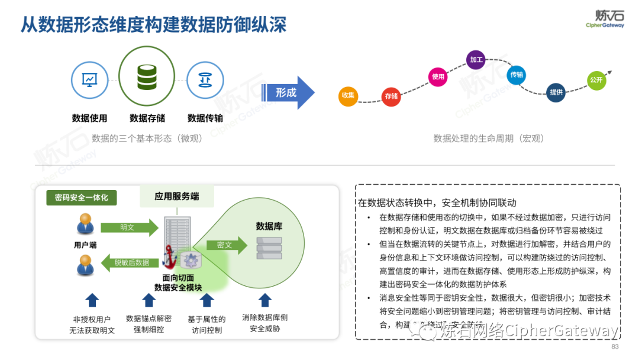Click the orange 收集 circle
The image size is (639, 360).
click(x=348, y=95)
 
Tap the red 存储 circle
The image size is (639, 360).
click(x=391, y=96)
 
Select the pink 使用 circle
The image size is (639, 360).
click(x=438, y=77)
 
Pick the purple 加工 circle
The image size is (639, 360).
click(x=476, y=60)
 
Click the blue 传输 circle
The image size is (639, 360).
click(x=517, y=75)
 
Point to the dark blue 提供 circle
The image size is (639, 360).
click(x=556, y=92)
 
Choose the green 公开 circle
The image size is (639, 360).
click(x=596, y=80)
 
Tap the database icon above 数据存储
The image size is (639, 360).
click(x=147, y=77)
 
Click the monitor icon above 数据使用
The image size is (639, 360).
click(x=89, y=80)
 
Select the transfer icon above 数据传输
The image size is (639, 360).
click(x=205, y=80)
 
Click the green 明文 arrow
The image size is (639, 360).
click(x=129, y=227)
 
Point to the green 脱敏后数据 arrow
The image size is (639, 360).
click(x=129, y=262)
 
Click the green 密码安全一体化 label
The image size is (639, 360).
click(x=81, y=197)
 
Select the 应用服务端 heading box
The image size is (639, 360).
click(x=177, y=196)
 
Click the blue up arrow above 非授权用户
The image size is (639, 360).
click(x=92, y=300)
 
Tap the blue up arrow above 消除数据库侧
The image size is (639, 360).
click(x=264, y=300)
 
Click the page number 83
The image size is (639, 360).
click(x=615, y=347)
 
